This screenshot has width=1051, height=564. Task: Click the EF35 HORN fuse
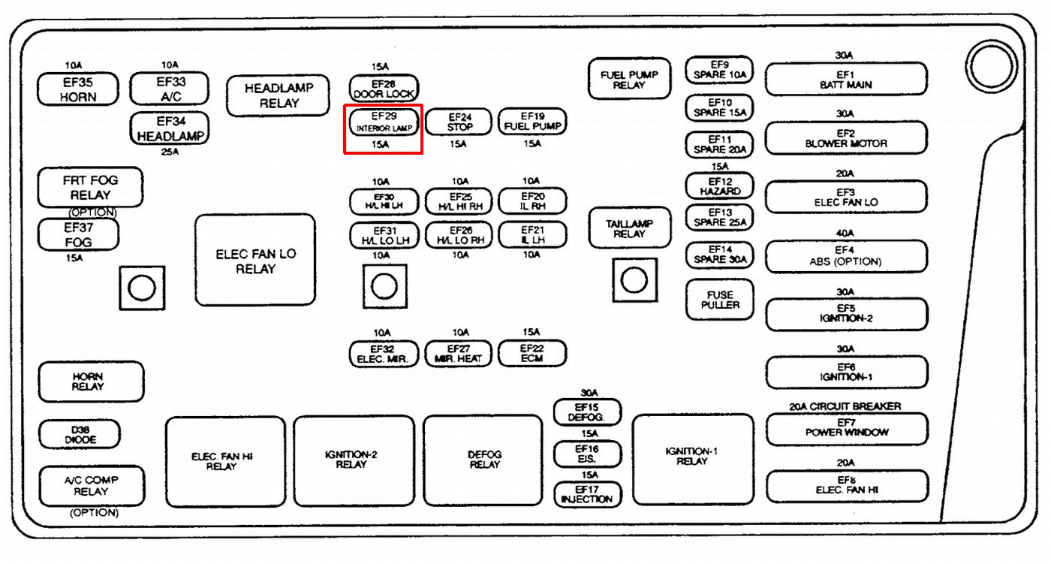coord(78,89)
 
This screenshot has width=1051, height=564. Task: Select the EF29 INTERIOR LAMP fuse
coord(384,122)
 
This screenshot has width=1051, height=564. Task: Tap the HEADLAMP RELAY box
coord(279,95)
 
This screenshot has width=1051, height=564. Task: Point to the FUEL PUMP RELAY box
coord(629,79)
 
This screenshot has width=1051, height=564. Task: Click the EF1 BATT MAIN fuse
coord(846,80)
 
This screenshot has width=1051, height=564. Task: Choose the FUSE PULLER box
coord(720,300)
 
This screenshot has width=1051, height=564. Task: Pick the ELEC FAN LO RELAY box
coord(255,260)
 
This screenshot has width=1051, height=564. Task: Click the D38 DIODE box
coord(80,434)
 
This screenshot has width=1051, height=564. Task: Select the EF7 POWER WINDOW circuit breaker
coord(846,428)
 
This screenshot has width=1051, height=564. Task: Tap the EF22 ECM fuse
coord(532,354)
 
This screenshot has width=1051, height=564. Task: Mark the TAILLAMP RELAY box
coord(629,228)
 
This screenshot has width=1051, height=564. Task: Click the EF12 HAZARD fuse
coord(719,186)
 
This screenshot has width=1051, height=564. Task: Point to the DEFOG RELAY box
coord(483,460)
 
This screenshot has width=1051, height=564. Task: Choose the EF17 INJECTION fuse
coord(588,494)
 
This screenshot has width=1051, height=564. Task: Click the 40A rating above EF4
coord(845,233)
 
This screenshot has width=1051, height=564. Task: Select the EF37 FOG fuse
coord(78,234)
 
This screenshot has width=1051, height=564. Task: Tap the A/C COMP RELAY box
coord(91,485)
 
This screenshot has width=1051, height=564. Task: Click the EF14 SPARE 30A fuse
coord(719,255)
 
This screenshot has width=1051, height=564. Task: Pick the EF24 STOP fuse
coord(459,122)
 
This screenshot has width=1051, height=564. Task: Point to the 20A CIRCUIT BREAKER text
coord(845,406)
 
